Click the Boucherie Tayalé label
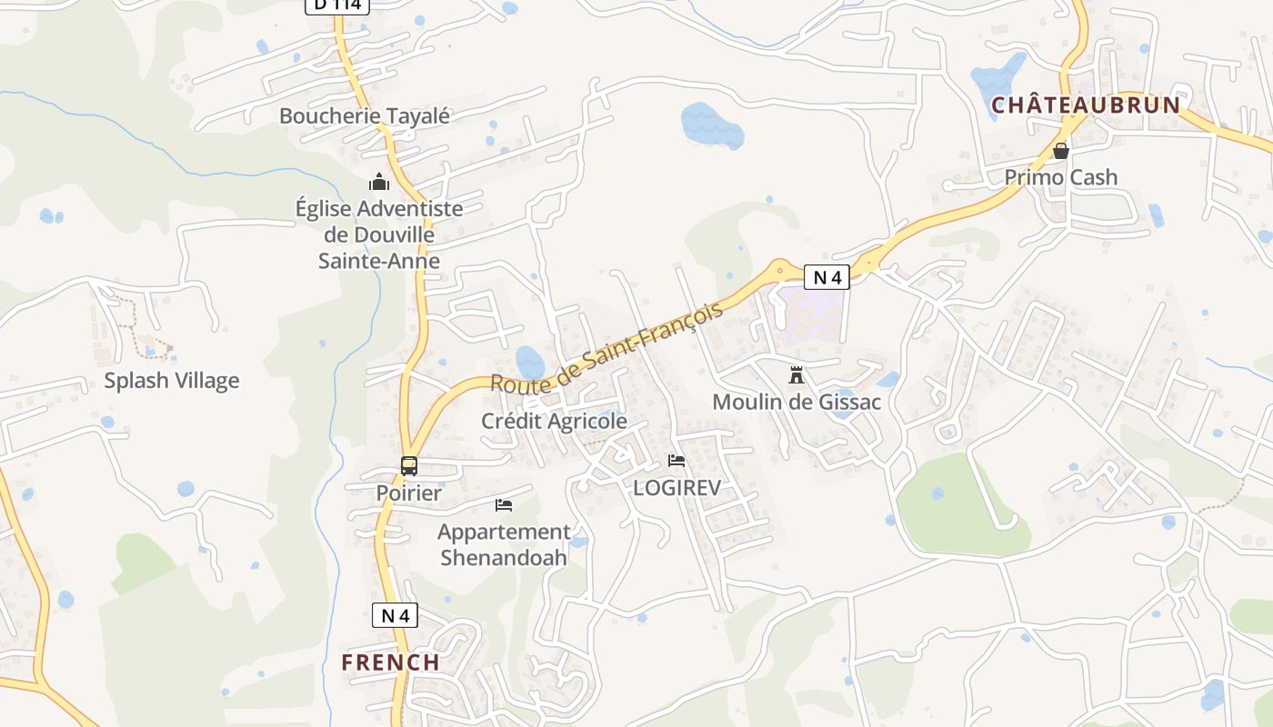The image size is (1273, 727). (365, 116)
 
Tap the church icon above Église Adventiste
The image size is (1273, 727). (379, 182)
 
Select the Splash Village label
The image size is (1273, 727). (172, 381)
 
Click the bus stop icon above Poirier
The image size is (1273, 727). (409, 466)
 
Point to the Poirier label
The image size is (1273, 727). (409, 493)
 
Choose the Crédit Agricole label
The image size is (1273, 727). (554, 422)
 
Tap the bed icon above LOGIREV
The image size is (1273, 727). (677, 461)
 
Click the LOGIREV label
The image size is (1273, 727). (677, 488)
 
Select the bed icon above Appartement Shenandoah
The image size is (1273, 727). (504, 505)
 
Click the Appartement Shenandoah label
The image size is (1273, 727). (504, 544)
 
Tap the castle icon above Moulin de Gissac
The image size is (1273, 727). (797, 374)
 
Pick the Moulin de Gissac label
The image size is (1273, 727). (797, 402)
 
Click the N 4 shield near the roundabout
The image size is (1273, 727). (827, 277)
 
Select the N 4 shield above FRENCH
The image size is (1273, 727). (395, 615)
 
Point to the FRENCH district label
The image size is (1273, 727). (391, 662)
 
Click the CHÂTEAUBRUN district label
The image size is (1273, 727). (1086, 105)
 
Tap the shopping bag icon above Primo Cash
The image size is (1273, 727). (1060, 151)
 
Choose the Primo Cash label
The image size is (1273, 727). (1060, 177)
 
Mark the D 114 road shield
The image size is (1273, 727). (337, 5)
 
